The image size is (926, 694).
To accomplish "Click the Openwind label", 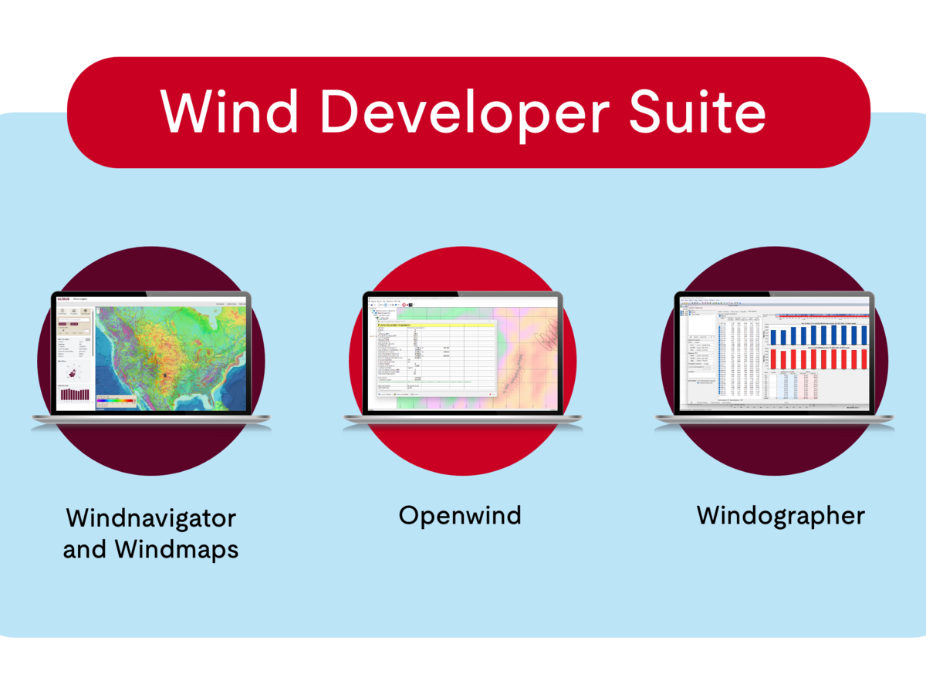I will tap(460, 515).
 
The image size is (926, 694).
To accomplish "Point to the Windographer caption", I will tap(781, 515).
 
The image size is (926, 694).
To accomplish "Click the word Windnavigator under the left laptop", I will tap(150, 517).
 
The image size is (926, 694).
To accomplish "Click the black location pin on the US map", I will tap(164, 375).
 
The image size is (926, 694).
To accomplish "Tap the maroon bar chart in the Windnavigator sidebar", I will tap(75, 395).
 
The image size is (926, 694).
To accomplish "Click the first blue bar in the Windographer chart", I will tap(774, 337).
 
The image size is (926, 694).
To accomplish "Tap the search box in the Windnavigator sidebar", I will tap(74, 327).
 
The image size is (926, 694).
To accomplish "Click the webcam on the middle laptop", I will tap(461, 294).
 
